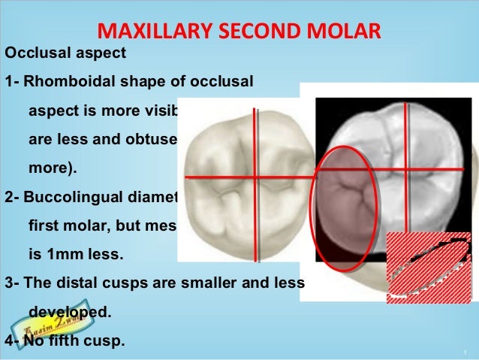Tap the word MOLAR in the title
[x=345, y=32]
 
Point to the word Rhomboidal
[x=71, y=81]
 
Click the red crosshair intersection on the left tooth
[x=256, y=177]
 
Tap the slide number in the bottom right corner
[x=466, y=352]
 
